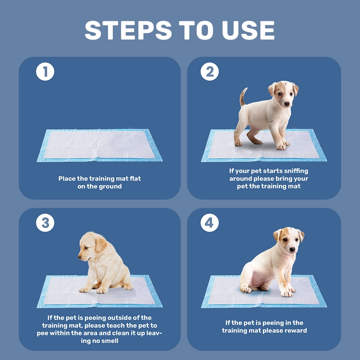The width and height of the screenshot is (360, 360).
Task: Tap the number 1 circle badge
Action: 45,72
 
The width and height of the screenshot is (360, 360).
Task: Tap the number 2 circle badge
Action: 210,72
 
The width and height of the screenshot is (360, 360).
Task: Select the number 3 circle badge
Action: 45,223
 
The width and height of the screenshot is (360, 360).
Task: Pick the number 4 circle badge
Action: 210,223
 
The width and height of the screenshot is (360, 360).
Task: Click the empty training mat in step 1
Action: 100,145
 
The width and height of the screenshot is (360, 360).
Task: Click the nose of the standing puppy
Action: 287,104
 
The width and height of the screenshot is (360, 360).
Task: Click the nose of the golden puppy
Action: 80,256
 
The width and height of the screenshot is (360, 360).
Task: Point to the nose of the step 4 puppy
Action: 292,250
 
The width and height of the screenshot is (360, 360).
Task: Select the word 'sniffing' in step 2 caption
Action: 295,171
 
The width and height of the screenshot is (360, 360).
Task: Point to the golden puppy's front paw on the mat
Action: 85,290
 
